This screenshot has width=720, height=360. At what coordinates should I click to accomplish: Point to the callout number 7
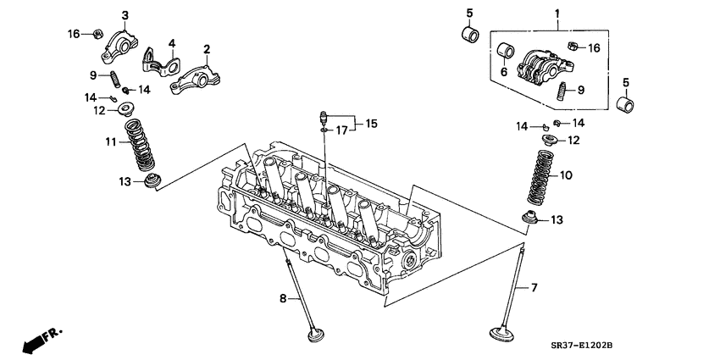[534, 289]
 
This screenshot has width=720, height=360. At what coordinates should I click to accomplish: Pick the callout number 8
[284, 298]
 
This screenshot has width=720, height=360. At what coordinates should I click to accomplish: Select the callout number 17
[341, 130]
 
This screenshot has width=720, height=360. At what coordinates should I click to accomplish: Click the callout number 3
[125, 15]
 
